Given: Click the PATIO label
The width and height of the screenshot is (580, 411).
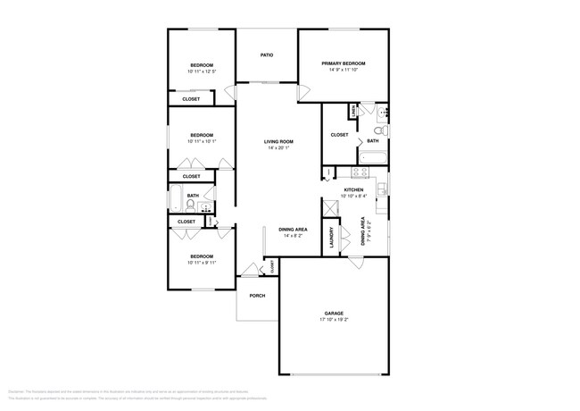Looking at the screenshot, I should (266, 55).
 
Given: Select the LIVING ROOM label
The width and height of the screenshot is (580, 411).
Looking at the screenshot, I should (278, 142).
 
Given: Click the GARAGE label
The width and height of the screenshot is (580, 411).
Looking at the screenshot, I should (334, 313).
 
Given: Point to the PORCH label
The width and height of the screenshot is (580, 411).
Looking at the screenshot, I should (257, 296).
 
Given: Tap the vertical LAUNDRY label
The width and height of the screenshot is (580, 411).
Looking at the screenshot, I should (331, 238).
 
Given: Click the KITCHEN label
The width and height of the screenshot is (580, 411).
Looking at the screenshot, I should (355, 190).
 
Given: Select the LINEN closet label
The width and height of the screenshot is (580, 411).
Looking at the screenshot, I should (355, 111).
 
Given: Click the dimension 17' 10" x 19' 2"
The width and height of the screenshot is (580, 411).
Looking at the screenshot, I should (334, 319).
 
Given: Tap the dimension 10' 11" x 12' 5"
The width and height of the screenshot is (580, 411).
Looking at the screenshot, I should (202, 71).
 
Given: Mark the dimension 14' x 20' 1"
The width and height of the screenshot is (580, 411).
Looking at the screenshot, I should (278, 148).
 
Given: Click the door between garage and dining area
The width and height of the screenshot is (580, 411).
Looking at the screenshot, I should (356, 261).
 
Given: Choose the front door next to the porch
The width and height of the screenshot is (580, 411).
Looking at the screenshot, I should (248, 272).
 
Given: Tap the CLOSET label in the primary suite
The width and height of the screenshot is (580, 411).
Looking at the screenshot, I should (339, 135).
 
